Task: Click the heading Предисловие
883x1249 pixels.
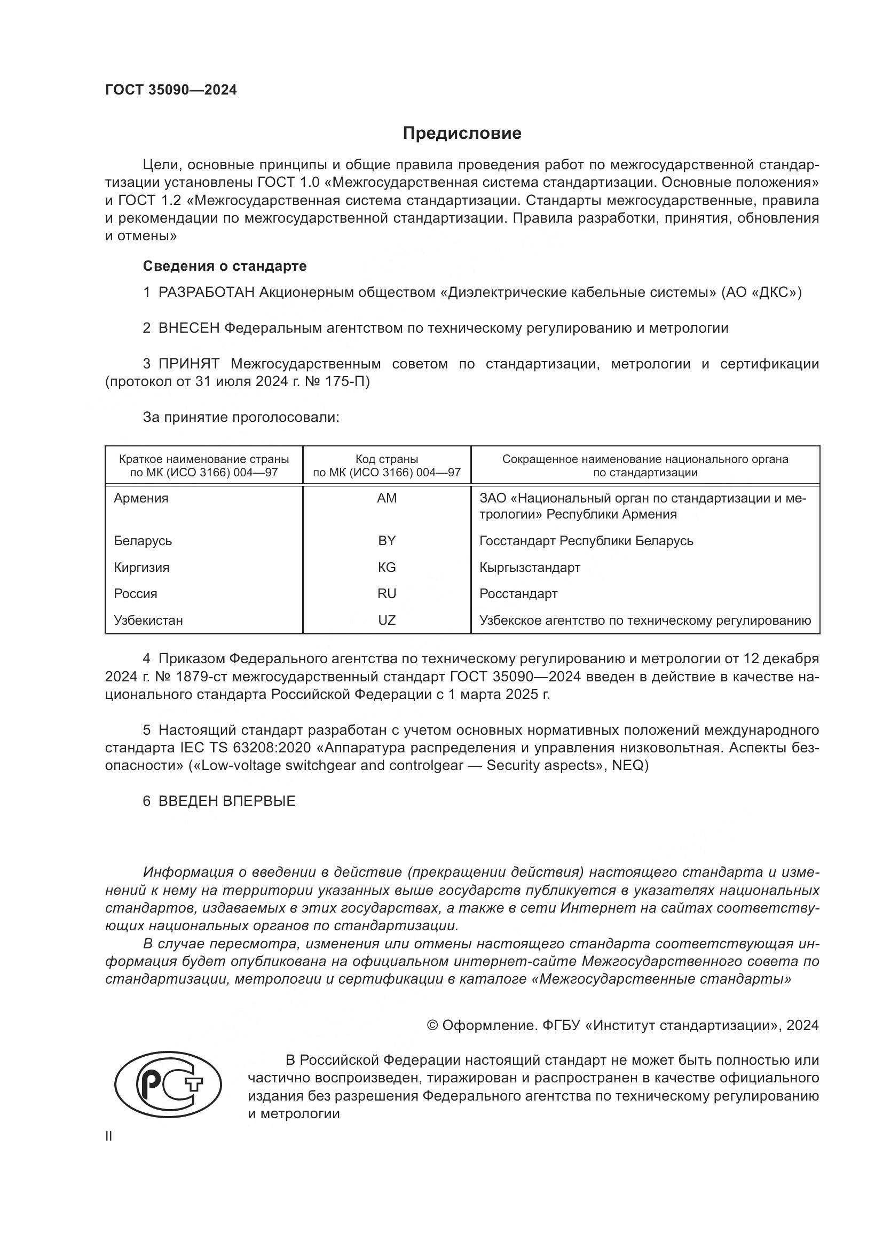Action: coord(462,133)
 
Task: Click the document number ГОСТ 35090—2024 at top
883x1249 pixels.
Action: coord(171,90)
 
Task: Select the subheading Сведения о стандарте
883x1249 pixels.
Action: coord(225,266)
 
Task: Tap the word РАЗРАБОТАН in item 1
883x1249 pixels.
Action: coord(207,293)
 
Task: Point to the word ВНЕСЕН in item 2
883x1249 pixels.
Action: coord(188,328)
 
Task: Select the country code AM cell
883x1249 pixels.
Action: coord(387,498)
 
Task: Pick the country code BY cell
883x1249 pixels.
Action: coord(387,541)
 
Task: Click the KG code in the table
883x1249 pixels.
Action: coord(387,568)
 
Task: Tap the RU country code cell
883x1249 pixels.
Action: coord(387,593)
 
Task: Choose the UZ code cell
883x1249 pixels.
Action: coord(387,620)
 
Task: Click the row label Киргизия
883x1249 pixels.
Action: coord(141,568)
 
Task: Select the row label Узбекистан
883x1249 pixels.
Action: coord(148,620)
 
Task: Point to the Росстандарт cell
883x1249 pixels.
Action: coord(518,593)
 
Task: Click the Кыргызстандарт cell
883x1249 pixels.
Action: coord(530,568)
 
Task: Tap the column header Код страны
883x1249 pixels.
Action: coord(387,459)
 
